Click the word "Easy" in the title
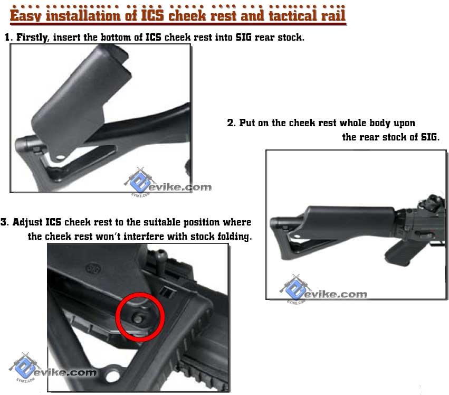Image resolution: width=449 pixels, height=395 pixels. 26,15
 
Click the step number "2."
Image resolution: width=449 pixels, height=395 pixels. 232,123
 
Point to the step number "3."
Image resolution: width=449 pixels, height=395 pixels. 5,222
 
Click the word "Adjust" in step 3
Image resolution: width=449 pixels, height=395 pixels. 27,222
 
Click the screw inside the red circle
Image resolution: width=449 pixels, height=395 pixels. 138,318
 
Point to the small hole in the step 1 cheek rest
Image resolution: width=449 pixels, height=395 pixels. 61,157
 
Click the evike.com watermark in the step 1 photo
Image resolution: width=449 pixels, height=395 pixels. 168,183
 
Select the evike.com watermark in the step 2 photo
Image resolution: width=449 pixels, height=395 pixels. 323,290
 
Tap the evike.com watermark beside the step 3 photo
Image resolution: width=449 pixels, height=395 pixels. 53,368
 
